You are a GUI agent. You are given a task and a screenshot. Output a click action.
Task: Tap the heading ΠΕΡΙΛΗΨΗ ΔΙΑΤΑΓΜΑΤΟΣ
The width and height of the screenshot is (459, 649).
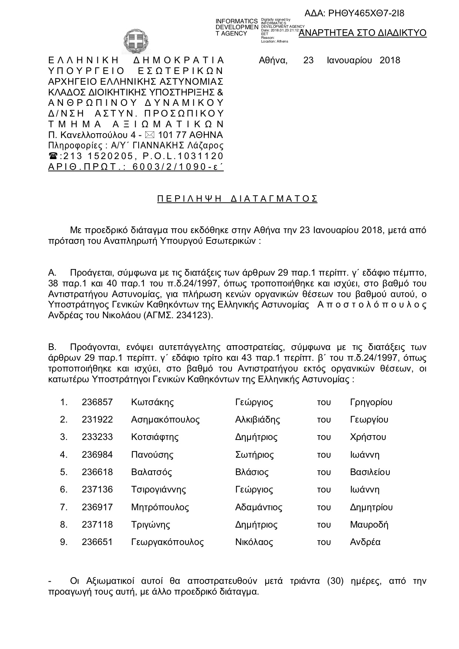point(237,199)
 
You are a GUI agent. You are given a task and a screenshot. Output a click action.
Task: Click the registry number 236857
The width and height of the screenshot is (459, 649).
point(97,402)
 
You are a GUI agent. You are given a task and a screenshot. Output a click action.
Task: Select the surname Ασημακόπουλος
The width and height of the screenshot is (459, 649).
point(165,420)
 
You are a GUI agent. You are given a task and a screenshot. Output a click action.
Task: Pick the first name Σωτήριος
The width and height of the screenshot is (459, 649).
point(255,455)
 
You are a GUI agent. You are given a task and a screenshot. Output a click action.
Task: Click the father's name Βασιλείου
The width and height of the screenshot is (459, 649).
point(370,472)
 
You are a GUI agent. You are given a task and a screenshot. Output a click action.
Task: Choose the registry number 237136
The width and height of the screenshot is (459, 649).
point(97,490)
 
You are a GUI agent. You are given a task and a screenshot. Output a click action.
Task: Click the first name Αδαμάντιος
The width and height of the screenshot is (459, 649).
point(259,507)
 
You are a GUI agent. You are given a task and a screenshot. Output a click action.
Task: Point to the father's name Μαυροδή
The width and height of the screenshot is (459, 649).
point(369,525)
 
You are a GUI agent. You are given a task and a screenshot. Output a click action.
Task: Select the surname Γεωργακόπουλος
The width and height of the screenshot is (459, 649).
point(167,542)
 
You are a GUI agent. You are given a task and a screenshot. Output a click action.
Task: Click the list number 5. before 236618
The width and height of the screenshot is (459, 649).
point(64,472)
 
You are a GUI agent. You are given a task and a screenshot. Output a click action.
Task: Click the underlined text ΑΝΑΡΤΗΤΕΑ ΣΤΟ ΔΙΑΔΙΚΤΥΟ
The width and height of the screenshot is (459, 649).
point(362,33)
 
